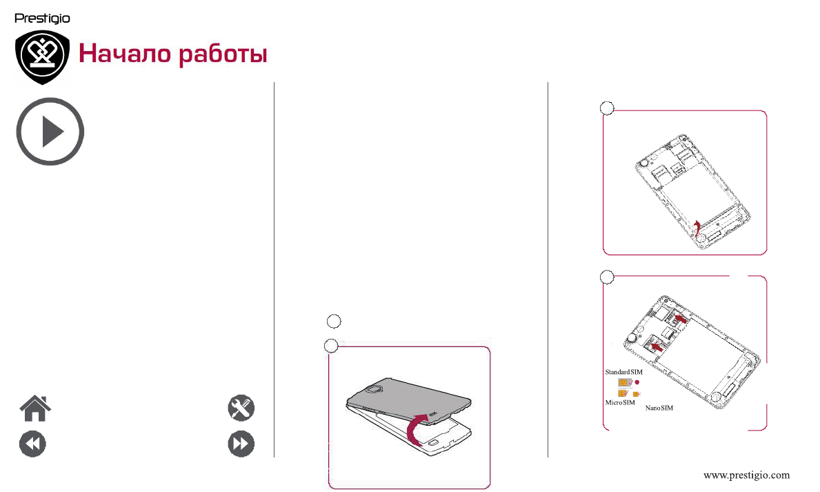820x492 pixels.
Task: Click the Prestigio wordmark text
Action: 42,19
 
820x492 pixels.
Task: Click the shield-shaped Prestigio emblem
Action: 43,57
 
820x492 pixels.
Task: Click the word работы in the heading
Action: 223,55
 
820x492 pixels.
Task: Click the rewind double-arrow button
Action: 32,444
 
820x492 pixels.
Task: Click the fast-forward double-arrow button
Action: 241,444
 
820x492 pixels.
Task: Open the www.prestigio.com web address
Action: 746,475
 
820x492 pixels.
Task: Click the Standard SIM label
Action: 623,372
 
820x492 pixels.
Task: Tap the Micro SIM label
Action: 619,402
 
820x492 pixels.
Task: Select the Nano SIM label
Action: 659,409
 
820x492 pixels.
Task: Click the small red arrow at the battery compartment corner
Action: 697,227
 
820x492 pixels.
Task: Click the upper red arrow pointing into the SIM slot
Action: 679,318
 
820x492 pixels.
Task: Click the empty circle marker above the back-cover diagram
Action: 333,320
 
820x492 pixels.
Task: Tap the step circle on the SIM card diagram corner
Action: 607,277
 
